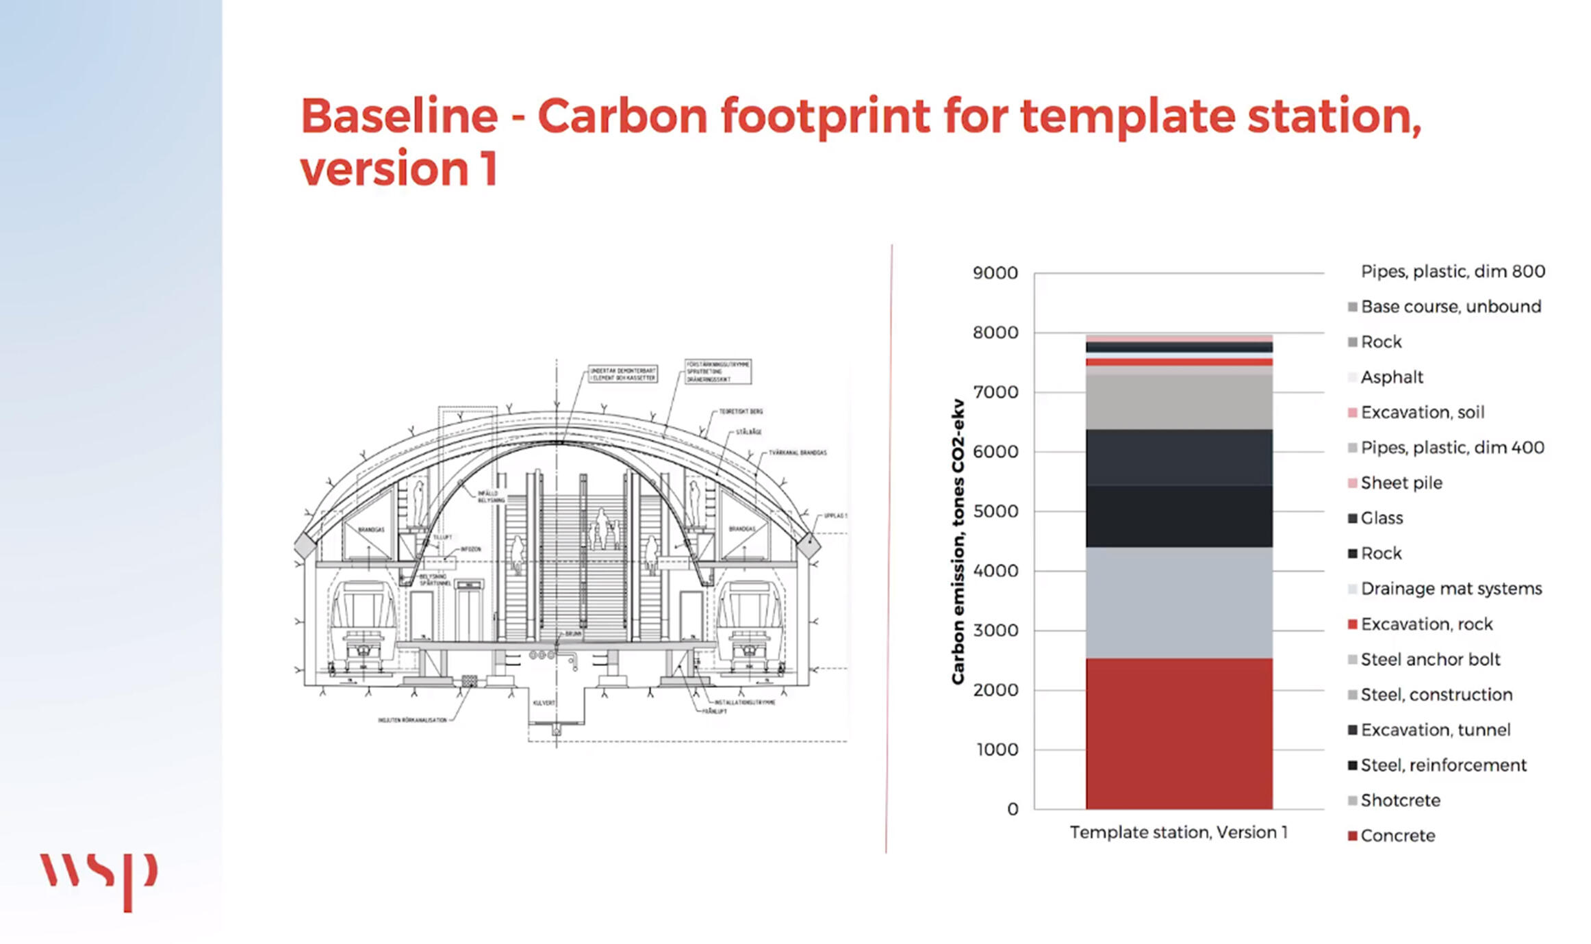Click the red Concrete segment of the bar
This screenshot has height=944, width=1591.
coord(1179,733)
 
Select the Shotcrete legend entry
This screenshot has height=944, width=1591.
coord(1400,800)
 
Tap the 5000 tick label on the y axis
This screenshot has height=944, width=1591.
coord(995,511)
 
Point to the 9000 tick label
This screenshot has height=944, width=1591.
coord(995,273)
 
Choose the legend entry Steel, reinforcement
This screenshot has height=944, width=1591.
coord(1443,765)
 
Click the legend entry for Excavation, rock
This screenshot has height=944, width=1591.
coord(1426,624)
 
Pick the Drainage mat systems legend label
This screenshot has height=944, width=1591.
coord(1451,589)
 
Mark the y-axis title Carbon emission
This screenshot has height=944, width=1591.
coord(958,541)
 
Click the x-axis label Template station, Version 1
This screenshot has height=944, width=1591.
coord(1178,832)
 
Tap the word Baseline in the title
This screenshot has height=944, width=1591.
coord(399,116)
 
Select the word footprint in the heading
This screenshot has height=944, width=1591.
coord(825,116)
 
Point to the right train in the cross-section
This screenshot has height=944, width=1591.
coord(750,623)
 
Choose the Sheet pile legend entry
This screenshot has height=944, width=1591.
coord(1401,483)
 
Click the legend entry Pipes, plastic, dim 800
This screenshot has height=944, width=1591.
coord(1452,271)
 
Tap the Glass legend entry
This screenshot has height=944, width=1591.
coord(1382,518)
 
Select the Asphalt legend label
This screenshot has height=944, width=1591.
coord(1391,377)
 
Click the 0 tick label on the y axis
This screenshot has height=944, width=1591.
coord(1013,809)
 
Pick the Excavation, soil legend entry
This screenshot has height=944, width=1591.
coord(1422,412)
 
